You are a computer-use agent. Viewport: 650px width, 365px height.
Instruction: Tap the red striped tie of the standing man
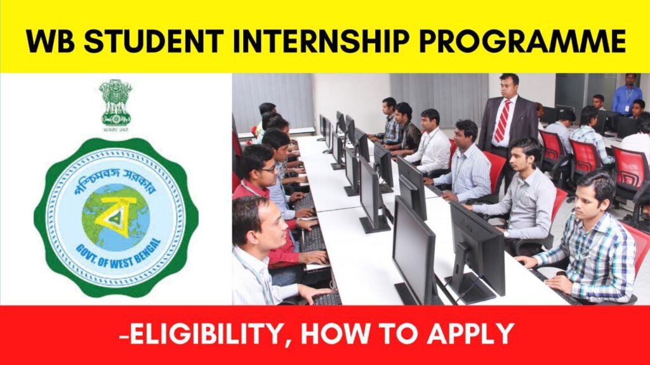502,120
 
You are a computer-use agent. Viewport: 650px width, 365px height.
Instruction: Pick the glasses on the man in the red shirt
267,169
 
